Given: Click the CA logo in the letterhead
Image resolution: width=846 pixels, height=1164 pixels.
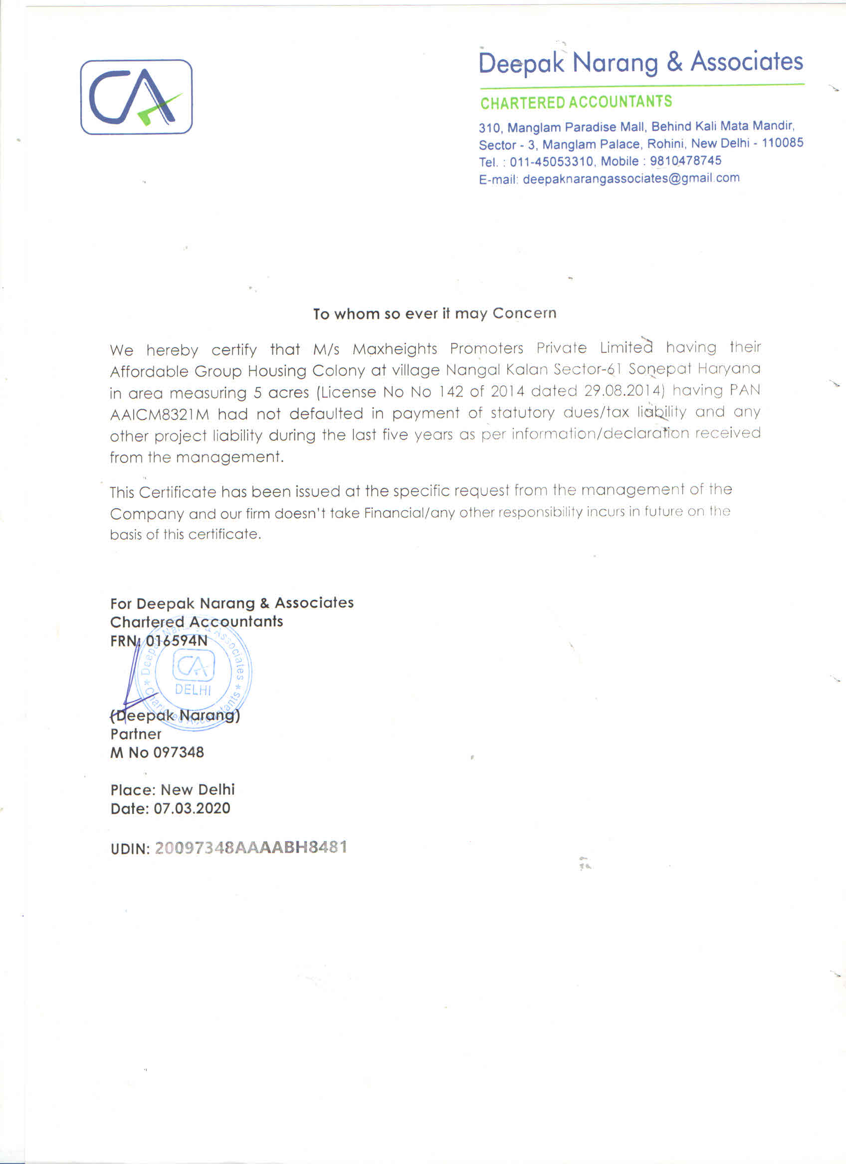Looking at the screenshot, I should click(136, 97).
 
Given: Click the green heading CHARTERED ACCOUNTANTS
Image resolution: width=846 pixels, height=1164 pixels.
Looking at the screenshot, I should click(576, 103).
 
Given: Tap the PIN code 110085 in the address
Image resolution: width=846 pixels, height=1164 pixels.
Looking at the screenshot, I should click(782, 143).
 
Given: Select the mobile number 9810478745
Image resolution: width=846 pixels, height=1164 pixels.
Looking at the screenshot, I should click(685, 160).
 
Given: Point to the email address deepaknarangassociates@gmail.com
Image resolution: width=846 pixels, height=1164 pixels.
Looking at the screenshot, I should click(631, 178).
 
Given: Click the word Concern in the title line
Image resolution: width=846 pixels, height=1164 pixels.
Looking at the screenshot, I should click(524, 313).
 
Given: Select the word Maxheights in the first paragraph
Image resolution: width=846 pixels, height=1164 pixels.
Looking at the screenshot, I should click(395, 349).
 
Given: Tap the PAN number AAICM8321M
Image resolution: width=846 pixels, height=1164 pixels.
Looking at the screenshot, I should click(159, 414).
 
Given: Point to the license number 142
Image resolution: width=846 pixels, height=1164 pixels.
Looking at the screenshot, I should click(450, 392).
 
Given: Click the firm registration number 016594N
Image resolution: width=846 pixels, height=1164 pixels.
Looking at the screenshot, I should click(177, 641).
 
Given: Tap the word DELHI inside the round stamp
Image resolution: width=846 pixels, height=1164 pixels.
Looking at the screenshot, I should click(193, 690).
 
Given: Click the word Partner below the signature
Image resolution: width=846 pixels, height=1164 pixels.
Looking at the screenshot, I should click(136, 734).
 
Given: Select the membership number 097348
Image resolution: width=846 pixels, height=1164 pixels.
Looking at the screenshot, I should click(178, 752).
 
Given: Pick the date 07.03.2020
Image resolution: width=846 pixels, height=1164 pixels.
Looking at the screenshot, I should click(192, 808).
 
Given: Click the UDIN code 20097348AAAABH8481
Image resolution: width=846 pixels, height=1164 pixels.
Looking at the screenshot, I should click(251, 848).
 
